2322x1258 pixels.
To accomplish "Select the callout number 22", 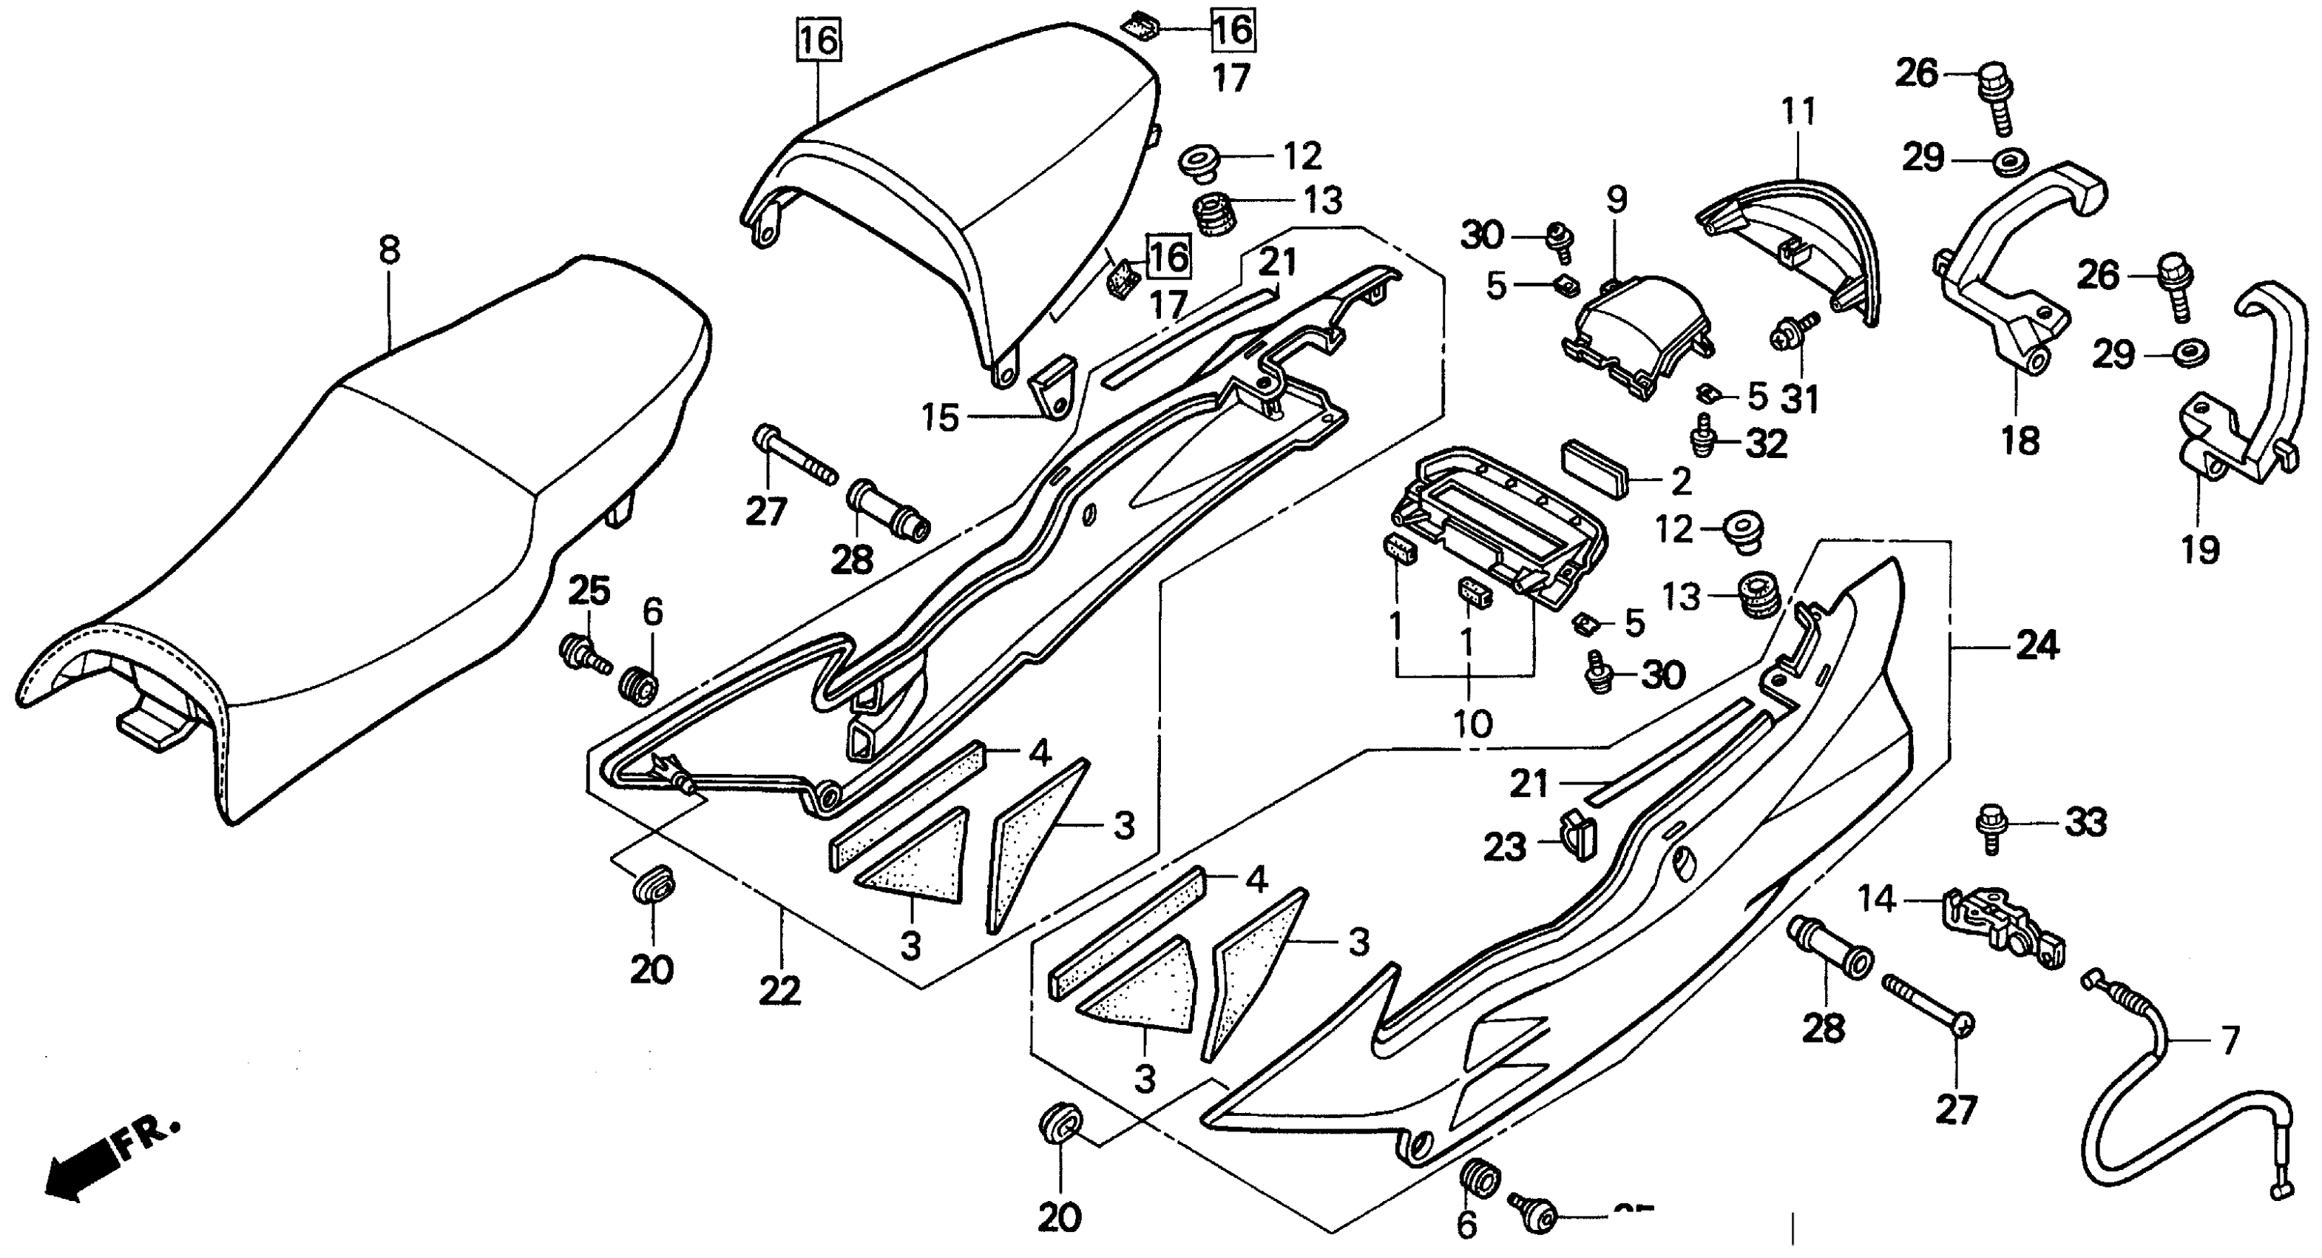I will coord(779,991).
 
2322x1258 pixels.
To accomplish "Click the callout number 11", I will coord(1798,112).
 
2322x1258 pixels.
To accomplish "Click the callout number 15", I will coord(939,417).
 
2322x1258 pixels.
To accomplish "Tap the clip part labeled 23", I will coord(1577,833).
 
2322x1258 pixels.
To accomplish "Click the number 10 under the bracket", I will coord(1473,722).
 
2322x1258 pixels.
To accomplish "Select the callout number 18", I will coord(2020,441).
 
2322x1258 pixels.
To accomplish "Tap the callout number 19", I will coord(2199,548).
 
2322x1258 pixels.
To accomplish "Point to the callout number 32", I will coord(1765,444).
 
